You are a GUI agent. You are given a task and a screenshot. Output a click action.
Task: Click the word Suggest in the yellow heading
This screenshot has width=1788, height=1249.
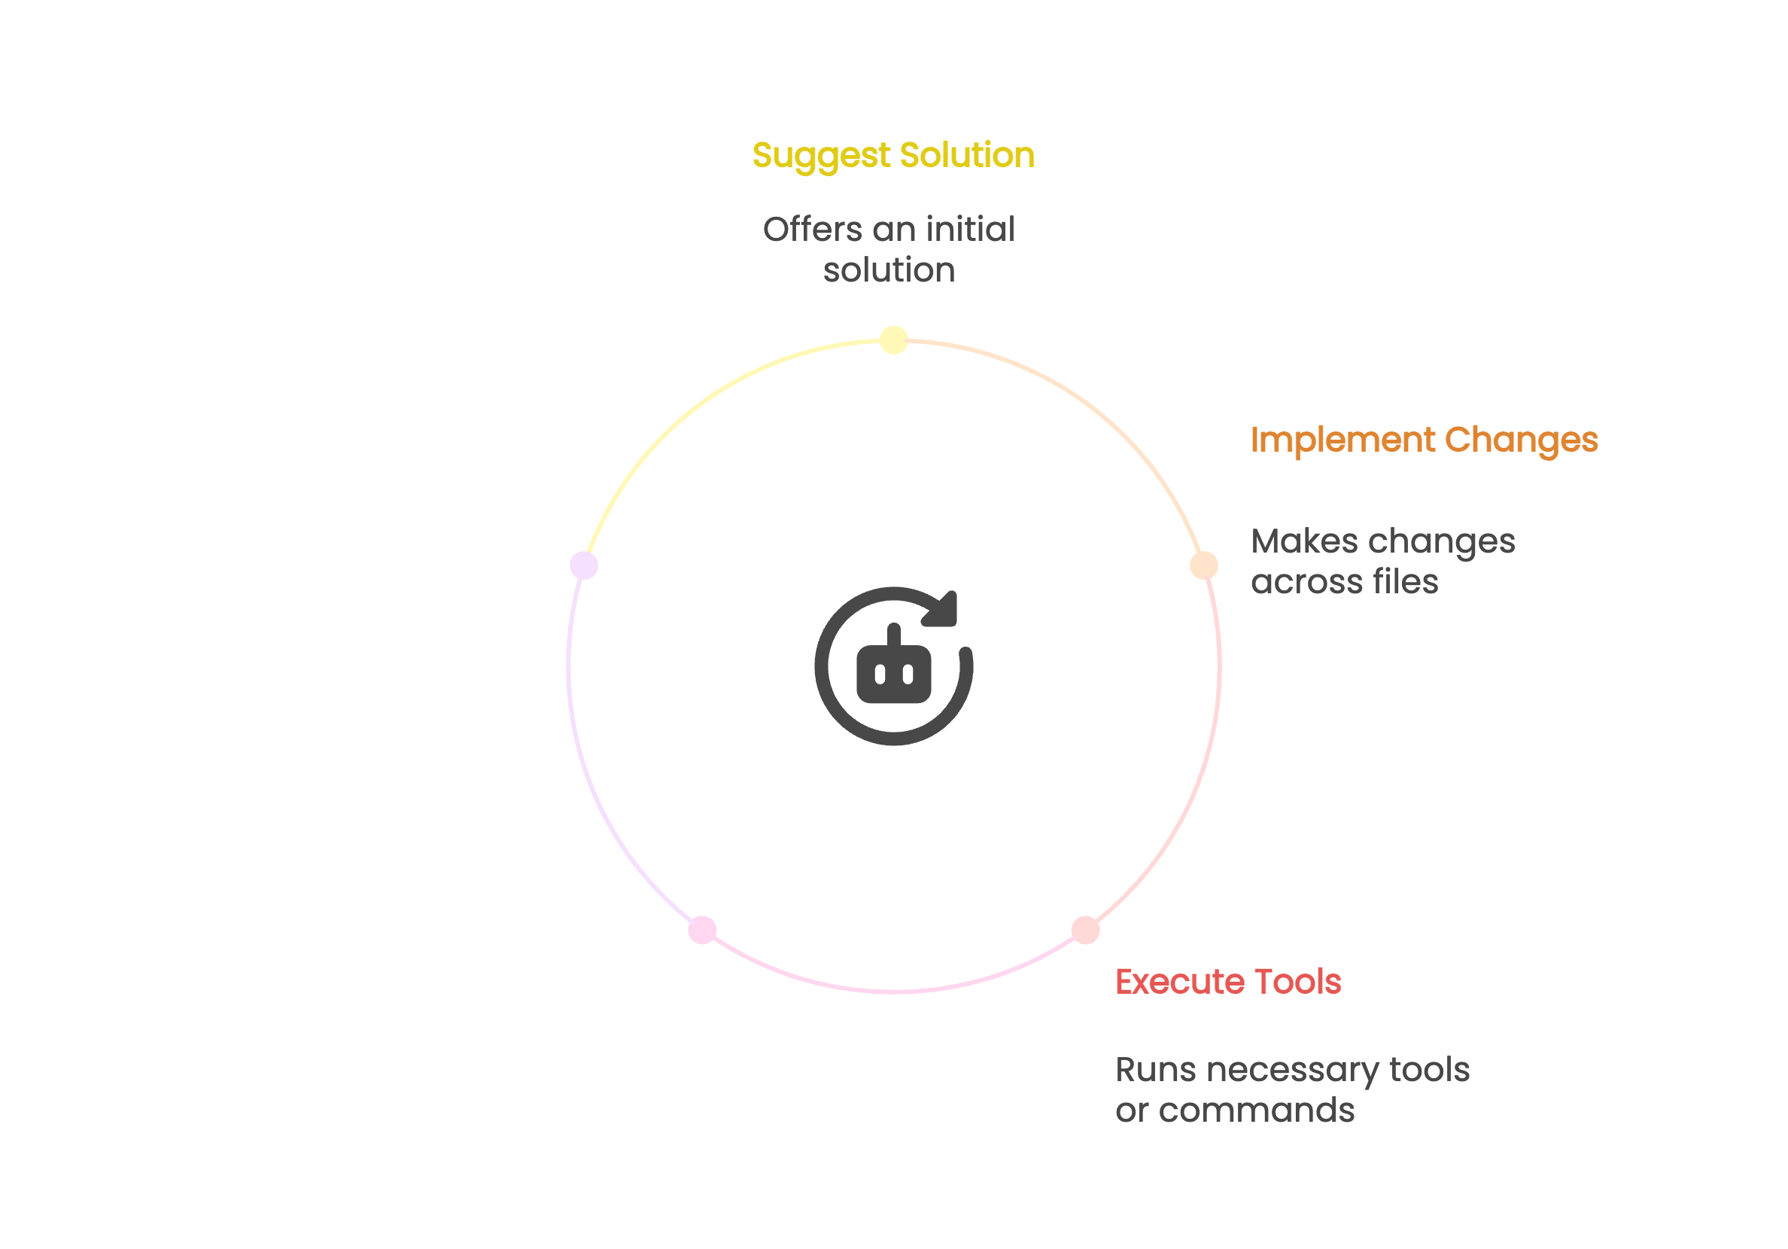click(x=821, y=156)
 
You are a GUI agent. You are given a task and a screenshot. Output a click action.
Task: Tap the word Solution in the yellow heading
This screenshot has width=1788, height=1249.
click(x=967, y=155)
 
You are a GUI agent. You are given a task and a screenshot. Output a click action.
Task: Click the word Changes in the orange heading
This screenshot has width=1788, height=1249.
click(x=1522, y=440)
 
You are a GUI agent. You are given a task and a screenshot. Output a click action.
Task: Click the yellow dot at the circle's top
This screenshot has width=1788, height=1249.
click(x=894, y=340)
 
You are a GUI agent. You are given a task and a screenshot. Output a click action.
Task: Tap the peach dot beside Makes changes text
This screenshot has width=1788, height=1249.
click(x=1204, y=565)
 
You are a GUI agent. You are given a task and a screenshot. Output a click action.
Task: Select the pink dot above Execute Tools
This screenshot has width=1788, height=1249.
click(x=1086, y=931)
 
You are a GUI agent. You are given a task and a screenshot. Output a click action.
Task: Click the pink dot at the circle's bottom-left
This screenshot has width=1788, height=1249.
click(x=702, y=931)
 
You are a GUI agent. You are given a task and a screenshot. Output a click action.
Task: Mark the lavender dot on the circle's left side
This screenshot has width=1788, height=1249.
click(x=584, y=565)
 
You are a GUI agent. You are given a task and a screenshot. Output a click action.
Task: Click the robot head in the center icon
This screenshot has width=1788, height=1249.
click(x=894, y=674)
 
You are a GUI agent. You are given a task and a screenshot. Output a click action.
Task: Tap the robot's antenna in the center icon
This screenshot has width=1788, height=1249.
click(x=894, y=634)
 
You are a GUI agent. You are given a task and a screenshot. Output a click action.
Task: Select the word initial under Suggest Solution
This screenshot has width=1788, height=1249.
click(x=970, y=230)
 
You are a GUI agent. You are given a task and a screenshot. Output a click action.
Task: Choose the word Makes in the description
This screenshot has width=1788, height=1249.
click(x=1304, y=541)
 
